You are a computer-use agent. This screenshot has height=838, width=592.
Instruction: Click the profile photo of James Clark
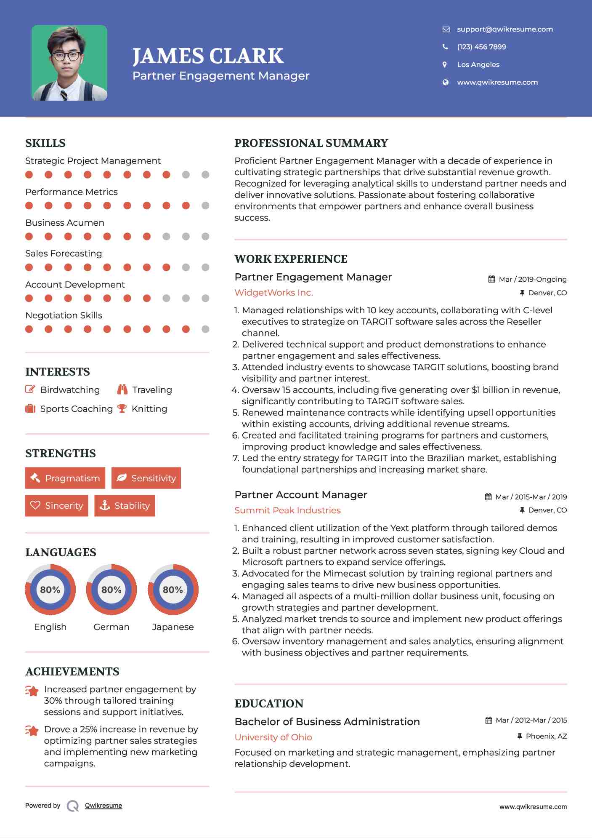coord(69,63)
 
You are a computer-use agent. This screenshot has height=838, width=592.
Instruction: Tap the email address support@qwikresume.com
coord(504,29)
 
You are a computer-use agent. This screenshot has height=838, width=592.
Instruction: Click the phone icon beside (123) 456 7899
coord(445,47)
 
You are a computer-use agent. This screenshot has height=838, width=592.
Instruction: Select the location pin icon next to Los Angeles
coord(445,64)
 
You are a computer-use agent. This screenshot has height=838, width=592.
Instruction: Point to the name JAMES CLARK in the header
coord(208,56)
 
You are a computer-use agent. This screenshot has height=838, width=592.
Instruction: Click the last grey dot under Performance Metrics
coord(205,205)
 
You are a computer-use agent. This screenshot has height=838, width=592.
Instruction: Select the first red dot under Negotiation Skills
coord(29,329)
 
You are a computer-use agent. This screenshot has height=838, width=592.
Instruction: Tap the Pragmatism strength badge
coord(65,478)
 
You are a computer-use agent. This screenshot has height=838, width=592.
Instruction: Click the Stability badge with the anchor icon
coord(125,505)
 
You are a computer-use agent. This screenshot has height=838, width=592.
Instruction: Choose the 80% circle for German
coord(111,590)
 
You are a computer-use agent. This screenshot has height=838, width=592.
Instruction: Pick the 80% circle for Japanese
coord(173,590)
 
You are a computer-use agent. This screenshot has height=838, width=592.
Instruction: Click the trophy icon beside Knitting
coord(122,408)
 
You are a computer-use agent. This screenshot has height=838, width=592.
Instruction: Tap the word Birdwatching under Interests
coord(70,390)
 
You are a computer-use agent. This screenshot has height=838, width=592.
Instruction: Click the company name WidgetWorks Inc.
coord(273,293)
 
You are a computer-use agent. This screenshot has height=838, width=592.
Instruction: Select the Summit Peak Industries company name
coord(287,510)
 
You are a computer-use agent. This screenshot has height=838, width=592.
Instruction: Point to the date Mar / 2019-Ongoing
coord(532,279)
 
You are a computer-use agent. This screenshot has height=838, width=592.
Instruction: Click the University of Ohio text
coord(273,737)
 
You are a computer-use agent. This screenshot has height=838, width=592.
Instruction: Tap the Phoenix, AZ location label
coord(546,736)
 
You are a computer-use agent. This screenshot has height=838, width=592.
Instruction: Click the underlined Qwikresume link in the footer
coord(104,806)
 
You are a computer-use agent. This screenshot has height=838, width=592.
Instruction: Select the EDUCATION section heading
coord(269,704)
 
